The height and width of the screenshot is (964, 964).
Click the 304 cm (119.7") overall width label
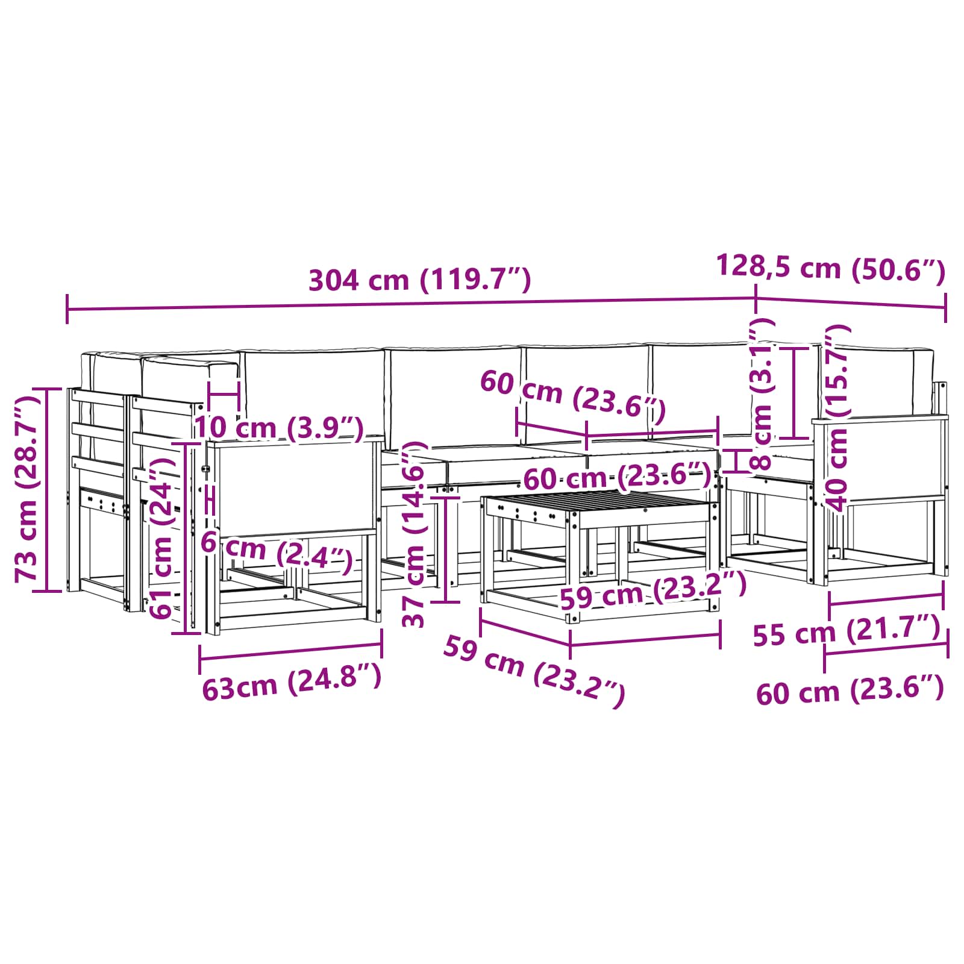pyautogui.click(x=420, y=280)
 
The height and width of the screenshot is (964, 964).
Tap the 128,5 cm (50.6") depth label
pyautogui.click(x=831, y=268)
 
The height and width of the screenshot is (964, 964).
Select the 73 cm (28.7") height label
pyautogui.click(x=28, y=489)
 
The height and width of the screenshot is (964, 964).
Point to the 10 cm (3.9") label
pyautogui.click(x=279, y=428)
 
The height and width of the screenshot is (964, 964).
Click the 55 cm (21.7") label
pyautogui.click(x=847, y=631)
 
